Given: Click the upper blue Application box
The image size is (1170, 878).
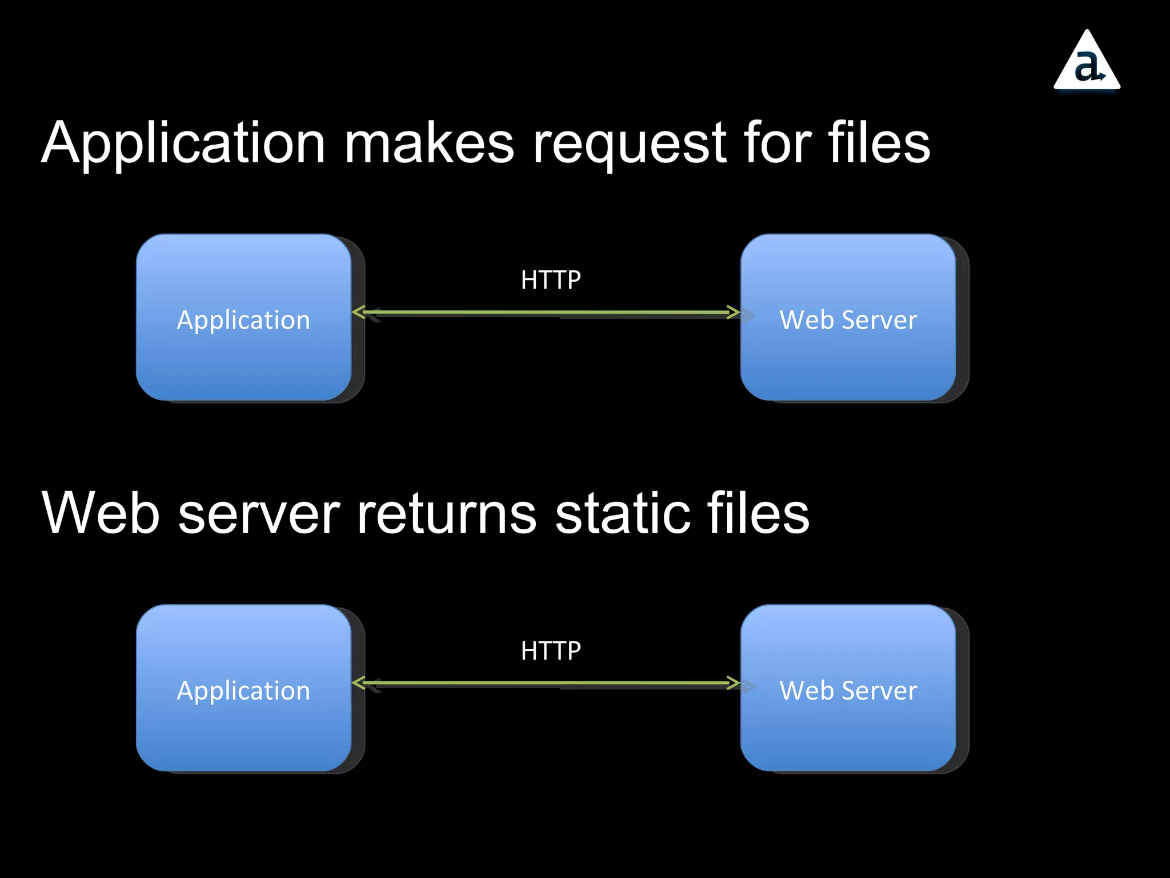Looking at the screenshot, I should [244, 317].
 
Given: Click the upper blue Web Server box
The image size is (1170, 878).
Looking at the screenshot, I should [848, 317].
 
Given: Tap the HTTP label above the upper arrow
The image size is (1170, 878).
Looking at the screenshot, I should [551, 280].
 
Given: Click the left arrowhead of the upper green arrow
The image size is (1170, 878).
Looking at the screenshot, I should [359, 312].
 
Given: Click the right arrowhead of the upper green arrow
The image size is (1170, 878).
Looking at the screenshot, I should [734, 312].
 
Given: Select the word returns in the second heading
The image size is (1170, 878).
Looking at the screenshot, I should [446, 513].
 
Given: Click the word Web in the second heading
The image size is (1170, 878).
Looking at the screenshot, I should [101, 513].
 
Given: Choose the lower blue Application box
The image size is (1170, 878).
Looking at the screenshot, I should [244, 688].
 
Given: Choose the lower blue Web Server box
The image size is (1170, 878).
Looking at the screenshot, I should [848, 688].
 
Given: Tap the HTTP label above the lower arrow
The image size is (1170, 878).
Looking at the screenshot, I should [551, 651].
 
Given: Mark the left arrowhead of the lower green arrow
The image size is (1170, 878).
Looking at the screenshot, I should [359, 683].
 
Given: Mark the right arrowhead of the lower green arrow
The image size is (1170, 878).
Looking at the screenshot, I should [734, 683].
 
